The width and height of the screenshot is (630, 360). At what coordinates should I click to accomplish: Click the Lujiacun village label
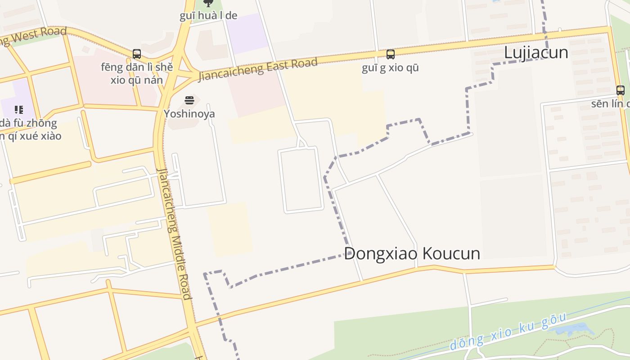click(536, 53)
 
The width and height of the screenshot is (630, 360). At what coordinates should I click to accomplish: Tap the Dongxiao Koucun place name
click(412, 253)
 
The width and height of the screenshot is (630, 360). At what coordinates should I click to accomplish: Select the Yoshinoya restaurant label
click(189, 114)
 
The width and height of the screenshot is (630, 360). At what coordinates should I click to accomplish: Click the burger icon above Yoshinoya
click(189, 100)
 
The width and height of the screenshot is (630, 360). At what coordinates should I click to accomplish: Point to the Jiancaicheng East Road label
click(258, 69)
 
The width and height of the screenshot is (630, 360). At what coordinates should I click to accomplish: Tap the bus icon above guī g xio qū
click(391, 54)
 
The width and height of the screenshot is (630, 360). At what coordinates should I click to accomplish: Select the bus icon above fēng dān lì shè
click(137, 54)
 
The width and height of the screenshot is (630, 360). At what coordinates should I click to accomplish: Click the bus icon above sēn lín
click(621, 90)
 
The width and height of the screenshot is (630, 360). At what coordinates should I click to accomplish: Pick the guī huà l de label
click(208, 16)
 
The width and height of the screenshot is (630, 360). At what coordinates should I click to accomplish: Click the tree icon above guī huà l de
click(208, 3)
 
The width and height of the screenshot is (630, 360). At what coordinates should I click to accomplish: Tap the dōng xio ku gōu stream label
click(508, 332)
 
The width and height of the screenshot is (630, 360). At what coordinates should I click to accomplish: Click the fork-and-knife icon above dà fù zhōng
click(18, 109)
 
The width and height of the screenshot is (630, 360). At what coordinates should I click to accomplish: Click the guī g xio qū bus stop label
click(390, 68)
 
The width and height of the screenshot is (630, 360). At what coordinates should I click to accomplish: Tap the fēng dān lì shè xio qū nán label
click(137, 74)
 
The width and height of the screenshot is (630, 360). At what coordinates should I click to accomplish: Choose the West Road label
click(34, 36)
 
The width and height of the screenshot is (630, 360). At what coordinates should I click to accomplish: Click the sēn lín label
click(610, 104)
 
